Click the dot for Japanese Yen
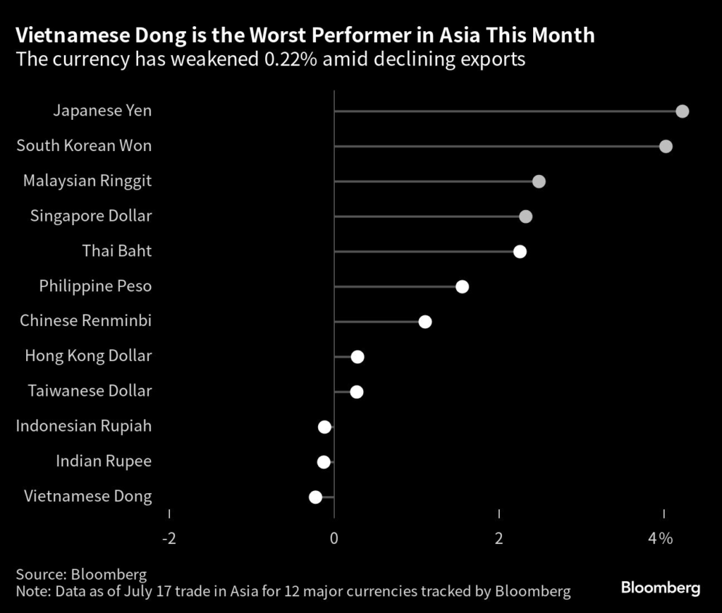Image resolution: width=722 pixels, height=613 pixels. point(682,111)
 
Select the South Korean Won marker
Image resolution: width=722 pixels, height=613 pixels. point(666,146)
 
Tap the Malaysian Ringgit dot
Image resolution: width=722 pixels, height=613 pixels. point(539,181)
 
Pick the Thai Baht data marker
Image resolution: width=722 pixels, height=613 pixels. point(520,252)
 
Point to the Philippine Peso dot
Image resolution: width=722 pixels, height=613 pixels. point(462,286)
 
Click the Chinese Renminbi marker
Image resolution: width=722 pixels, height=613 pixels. point(424,322)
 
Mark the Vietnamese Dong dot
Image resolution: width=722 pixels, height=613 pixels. point(315,497)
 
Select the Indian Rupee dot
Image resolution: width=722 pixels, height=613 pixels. point(324,462)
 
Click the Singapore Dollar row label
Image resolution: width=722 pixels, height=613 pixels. point(91,216)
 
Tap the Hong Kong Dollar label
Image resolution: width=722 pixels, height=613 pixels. point(88,356)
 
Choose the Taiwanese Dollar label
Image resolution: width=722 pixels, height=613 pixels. point(90,391)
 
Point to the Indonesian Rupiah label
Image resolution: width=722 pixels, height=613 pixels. point(84,426)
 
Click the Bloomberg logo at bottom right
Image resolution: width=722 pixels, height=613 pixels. point(660,587)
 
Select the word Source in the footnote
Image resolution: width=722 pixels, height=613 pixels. point(39,573)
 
